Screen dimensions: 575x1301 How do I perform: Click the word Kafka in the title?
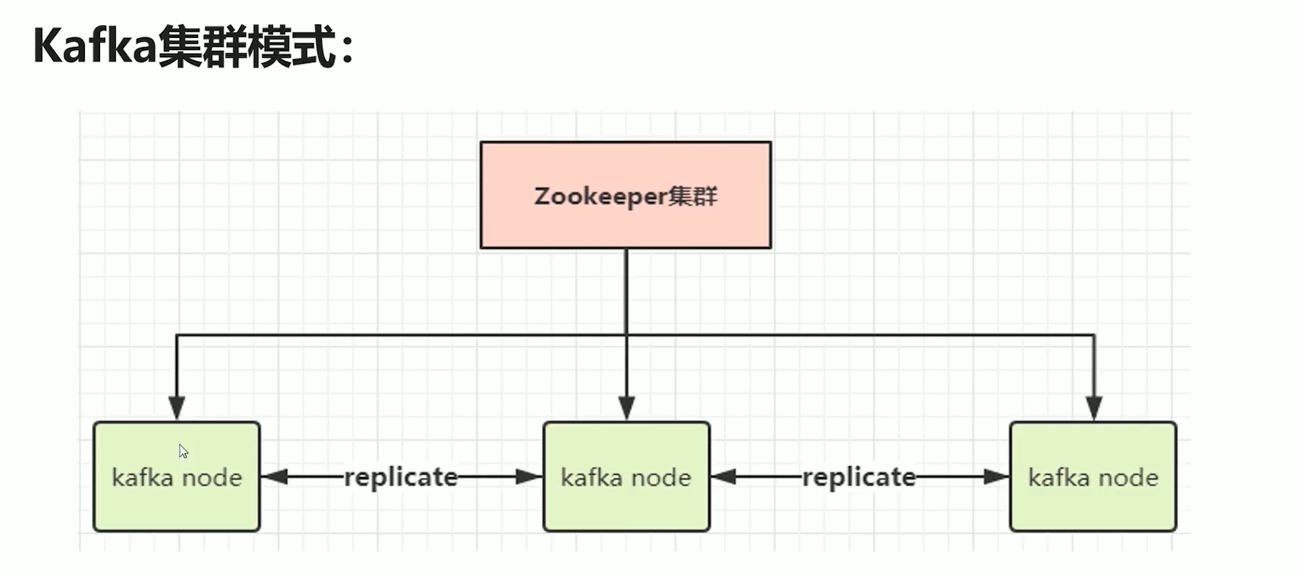click(x=95, y=47)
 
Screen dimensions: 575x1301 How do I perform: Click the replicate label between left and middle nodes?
click(x=401, y=477)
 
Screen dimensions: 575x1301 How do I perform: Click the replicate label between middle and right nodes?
click(x=859, y=477)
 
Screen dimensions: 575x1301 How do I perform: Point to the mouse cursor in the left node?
click(x=183, y=451)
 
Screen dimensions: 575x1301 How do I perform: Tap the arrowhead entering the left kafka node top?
click(x=177, y=408)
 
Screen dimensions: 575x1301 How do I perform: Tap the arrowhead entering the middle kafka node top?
click(x=626, y=408)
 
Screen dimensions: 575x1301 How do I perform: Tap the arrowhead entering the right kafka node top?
click(x=1093, y=408)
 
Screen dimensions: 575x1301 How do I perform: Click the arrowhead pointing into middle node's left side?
click(x=529, y=477)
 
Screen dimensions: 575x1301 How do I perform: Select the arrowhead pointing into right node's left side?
click(x=996, y=477)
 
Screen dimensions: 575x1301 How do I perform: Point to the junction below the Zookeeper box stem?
click(x=626, y=335)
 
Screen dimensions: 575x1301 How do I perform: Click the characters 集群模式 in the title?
click(x=247, y=47)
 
